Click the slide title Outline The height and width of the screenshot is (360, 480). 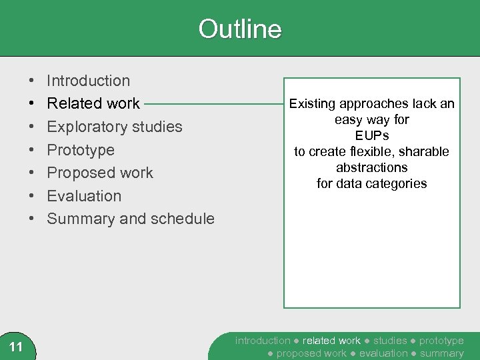(x=240, y=29)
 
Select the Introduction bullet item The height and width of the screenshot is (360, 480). (x=89, y=81)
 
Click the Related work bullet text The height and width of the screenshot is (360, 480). (x=93, y=103)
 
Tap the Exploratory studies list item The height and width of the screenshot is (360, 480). (x=115, y=127)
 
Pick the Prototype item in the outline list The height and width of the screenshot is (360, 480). (x=81, y=150)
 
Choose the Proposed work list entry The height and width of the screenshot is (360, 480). (x=100, y=173)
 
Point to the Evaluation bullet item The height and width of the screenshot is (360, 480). (x=84, y=196)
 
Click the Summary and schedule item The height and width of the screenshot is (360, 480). (x=131, y=219)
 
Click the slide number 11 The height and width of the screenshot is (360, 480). (x=17, y=346)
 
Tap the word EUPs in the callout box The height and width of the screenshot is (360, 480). (x=372, y=136)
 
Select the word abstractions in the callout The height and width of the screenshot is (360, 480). (x=372, y=167)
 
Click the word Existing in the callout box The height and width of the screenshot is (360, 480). (x=313, y=104)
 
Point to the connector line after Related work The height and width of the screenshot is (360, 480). (x=213, y=104)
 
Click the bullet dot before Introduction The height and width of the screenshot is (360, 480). (x=33, y=81)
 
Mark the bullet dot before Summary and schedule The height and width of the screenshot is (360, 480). (x=33, y=219)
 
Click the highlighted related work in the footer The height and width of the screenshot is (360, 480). (x=331, y=341)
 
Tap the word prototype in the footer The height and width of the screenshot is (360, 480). (x=441, y=341)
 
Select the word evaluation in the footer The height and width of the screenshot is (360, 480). (x=383, y=353)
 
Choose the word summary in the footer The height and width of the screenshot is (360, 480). (x=441, y=353)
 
